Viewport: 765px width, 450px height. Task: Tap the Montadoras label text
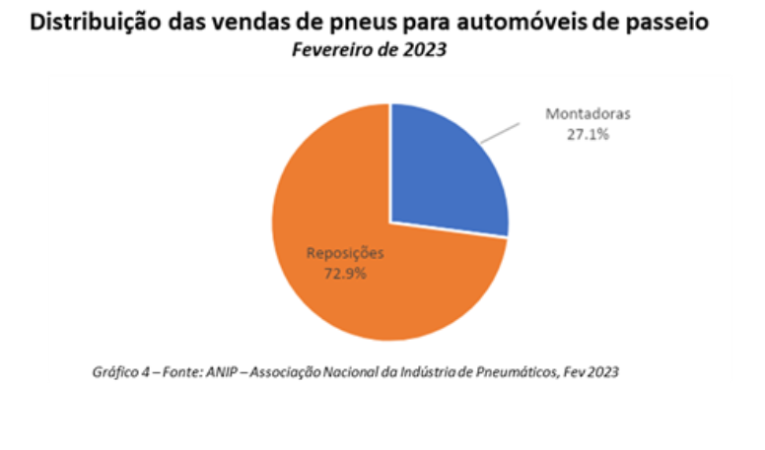(588, 114)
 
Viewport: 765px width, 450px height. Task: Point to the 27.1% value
(588, 134)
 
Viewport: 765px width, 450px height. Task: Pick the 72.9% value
(345, 273)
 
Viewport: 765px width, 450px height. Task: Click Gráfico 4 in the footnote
(111, 373)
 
